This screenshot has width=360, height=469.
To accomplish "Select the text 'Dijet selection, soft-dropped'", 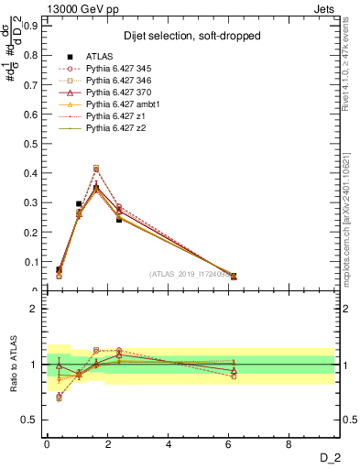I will pyautogui.click(x=188, y=36).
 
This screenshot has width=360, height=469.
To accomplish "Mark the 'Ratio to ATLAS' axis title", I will pyautogui.click(x=15, y=365).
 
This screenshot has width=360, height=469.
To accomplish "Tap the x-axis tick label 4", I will pyautogui.click(x=169, y=444).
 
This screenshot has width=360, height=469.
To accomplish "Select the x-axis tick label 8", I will pyautogui.click(x=289, y=444).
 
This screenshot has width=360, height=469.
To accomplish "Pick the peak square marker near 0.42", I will pyautogui.click(x=96, y=168).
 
